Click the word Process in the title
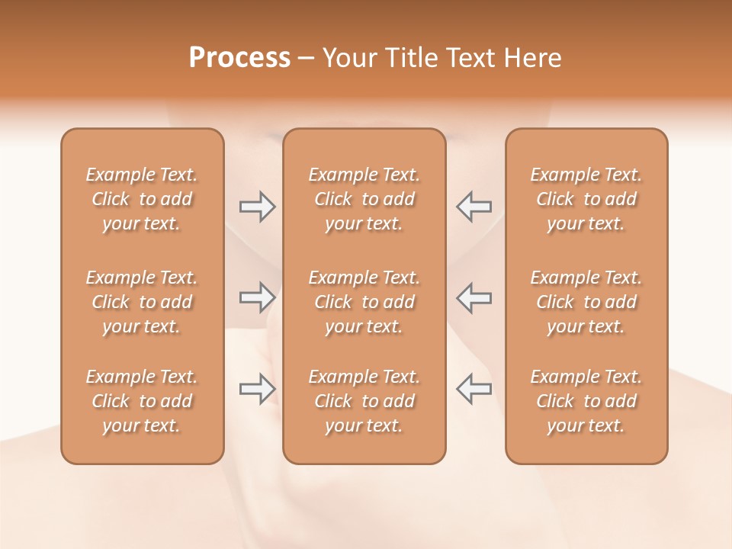pos(239,58)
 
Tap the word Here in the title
pos(531,58)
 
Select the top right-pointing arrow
pos(257,206)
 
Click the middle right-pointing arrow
pos(257,297)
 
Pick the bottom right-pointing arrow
pos(257,388)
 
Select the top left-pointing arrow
pos(474,206)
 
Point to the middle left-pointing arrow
pos(474,297)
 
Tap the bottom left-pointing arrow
pos(474,388)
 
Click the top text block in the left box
pos(142,199)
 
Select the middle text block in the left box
pos(142,302)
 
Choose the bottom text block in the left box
pos(142,401)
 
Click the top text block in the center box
pos(364,199)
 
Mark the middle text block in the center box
pos(364,302)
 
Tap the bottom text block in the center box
pos(364,401)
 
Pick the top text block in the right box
pos(586,199)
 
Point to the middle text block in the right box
pos(586,302)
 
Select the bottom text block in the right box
pos(586,401)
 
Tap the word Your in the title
pos(350,58)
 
